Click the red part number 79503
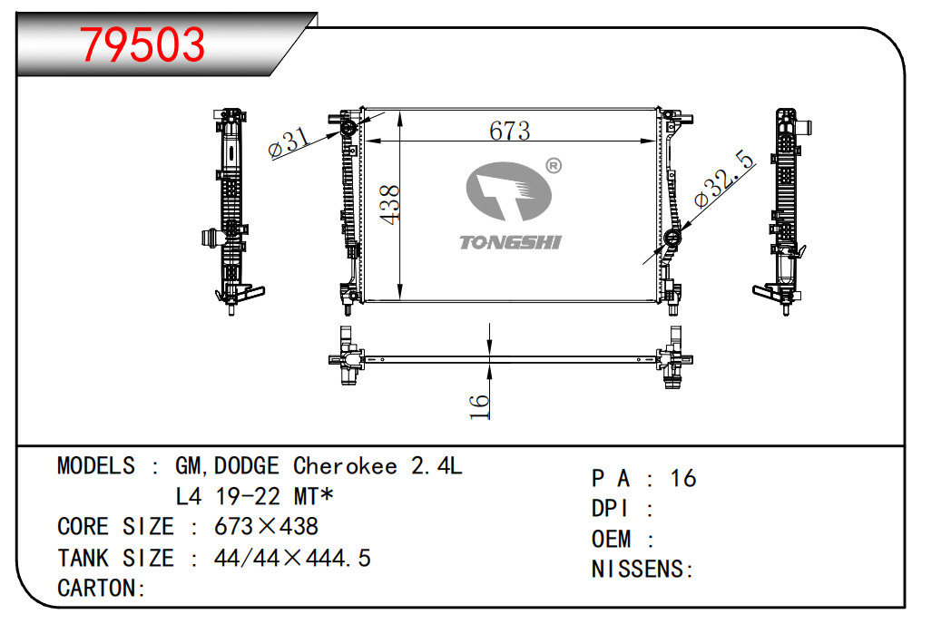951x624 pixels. (143, 44)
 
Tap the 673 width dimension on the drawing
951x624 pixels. (509, 131)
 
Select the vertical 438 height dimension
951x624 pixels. (390, 205)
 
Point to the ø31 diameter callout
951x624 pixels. (289, 143)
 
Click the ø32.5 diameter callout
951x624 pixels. (724, 180)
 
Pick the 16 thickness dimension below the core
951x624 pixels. (479, 405)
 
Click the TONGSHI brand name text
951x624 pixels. (510, 242)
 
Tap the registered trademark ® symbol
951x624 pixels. (554, 166)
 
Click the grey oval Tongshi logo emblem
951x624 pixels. (508, 191)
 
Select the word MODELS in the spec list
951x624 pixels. (96, 465)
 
